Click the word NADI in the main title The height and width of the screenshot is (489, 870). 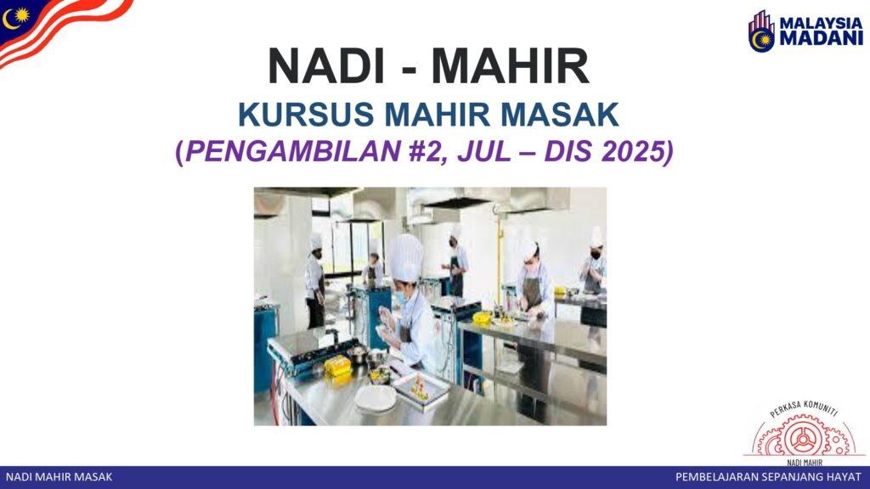point(326,66)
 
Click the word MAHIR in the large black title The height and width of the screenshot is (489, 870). point(510,66)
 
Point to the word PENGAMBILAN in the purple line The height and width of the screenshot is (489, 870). point(293,151)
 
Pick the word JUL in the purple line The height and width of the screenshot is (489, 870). point(483,151)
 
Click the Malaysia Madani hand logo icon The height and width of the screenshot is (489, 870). point(761,31)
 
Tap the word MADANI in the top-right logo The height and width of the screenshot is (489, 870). point(822,38)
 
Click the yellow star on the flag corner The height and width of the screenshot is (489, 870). point(21,15)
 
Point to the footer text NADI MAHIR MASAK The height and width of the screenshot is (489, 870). point(59,477)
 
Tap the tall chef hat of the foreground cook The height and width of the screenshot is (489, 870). point(406,258)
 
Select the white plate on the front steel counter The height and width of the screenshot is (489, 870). point(376,399)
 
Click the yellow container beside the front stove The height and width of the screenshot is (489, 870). point(337,367)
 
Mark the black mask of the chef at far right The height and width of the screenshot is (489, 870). point(596,256)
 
